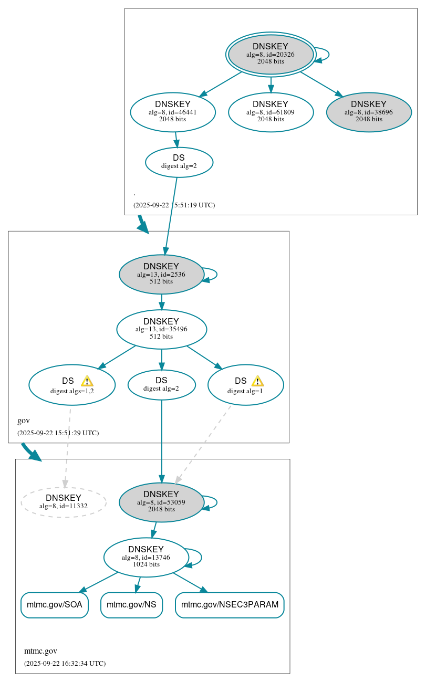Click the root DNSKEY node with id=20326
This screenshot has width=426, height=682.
271,54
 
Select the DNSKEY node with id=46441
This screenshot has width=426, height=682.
173,112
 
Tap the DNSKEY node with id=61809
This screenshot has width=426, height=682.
271,112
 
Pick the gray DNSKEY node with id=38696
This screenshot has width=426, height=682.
369,112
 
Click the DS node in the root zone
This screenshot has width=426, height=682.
179,162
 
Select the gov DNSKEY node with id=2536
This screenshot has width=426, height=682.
161,274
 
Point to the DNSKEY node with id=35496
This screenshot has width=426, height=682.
161,329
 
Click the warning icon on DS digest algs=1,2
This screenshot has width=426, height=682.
87,381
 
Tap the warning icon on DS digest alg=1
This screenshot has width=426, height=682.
257,381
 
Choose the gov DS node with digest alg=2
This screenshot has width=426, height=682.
161,385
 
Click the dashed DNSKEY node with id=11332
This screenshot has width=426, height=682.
64,502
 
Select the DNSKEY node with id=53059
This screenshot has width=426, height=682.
161,502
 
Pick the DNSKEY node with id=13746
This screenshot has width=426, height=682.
146,558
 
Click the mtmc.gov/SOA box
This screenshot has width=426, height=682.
55,605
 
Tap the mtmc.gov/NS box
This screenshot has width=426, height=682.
131,605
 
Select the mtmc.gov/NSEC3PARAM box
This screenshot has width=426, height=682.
230,605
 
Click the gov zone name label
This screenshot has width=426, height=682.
24,421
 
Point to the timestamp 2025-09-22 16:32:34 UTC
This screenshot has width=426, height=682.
65,664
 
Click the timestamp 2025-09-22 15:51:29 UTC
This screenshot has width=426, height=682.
58,433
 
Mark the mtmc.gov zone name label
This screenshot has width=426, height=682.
40,651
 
